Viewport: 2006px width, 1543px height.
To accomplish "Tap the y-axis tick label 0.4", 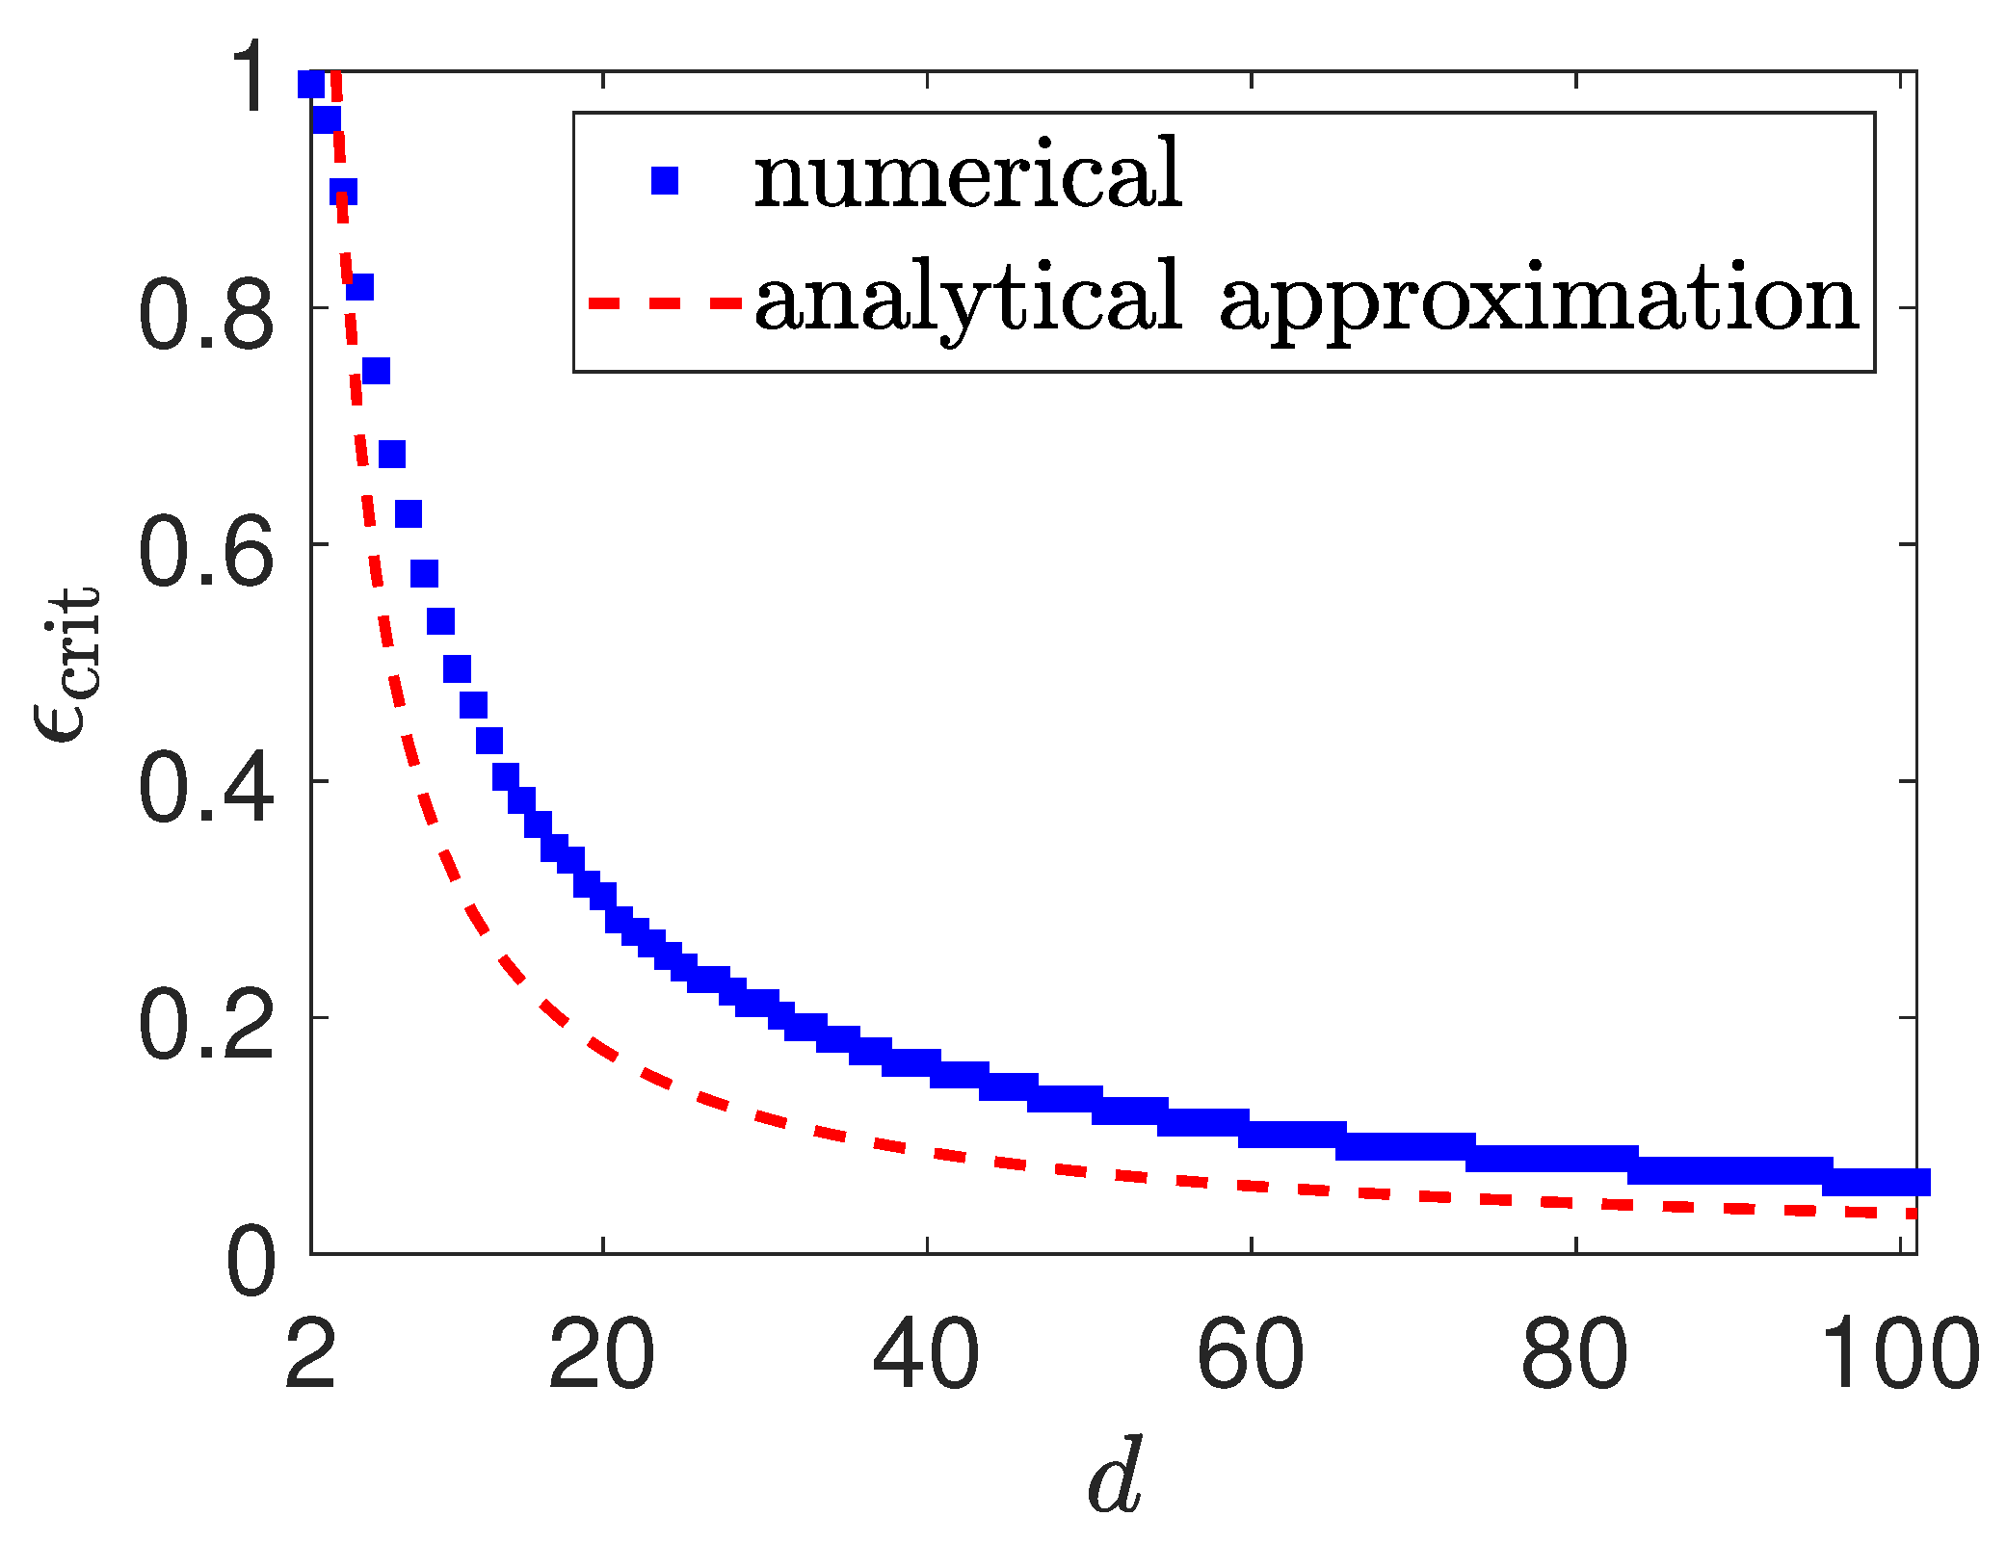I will (x=206, y=788).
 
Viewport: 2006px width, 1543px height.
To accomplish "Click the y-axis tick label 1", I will (x=252, y=79).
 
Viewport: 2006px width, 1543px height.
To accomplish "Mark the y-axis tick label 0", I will (x=251, y=1261).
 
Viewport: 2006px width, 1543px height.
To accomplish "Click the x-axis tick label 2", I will (x=310, y=1354).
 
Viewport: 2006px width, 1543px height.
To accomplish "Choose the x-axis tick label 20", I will (x=602, y=1354).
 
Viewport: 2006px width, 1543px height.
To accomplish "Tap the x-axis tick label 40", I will (x=926, y=1354).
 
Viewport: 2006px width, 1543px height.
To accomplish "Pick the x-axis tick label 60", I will (x=1250, y=1354).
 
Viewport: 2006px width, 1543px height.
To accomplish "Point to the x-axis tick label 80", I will (x=1574, y=1354).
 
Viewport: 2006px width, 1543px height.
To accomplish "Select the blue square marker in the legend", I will (x=665, y=180).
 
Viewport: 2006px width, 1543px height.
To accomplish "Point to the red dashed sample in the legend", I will (x=665, y=302).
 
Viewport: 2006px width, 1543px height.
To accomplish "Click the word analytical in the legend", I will (x=967, y=299).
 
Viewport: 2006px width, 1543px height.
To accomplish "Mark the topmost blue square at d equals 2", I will (x=310, y=84).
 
